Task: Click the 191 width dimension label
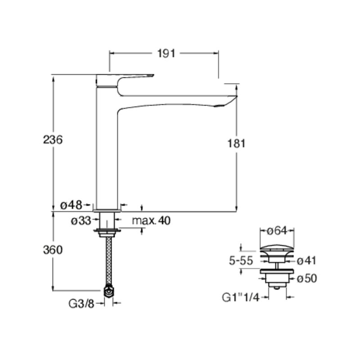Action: point(166,54)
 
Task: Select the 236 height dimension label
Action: point(53,139)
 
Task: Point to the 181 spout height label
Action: point(236,144)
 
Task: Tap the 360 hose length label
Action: point(53,250)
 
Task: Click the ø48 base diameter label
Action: point(71,205)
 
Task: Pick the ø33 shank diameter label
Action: point(81,221)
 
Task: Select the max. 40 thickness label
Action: point(151,220)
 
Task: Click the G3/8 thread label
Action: point(81,304)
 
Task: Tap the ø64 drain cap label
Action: point(277,231)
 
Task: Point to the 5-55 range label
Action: point(241,261)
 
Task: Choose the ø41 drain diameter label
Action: point(307,261)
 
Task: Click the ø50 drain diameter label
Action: point(307,279)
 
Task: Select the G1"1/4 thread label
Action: point(241,298)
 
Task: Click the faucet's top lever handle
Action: point(124,80)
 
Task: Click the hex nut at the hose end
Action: point(109,292)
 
